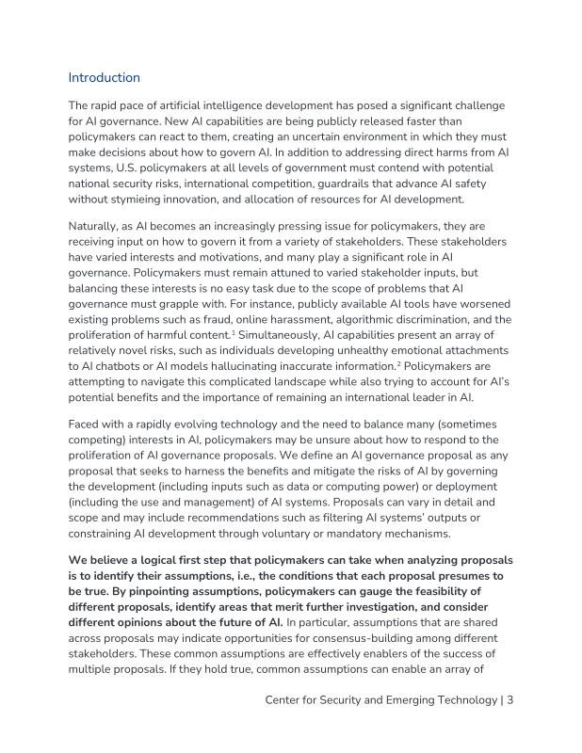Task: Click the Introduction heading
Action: click(105, 77)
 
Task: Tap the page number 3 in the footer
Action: click(509, 699)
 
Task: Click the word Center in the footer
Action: click(287, 699)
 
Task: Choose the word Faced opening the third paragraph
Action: click(88, 424)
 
